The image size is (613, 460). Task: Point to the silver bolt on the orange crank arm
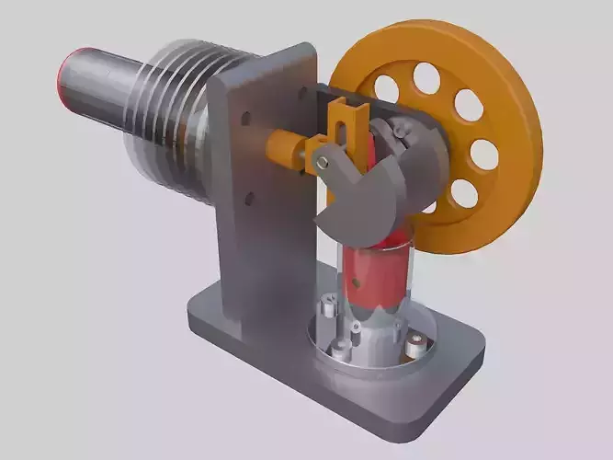[x=323, y=163]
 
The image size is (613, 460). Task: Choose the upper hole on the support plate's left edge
[x=247, y=119]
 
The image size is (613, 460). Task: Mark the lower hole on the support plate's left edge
[x=248, y=195]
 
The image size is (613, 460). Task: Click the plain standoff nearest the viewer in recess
[x=341, y=348]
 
